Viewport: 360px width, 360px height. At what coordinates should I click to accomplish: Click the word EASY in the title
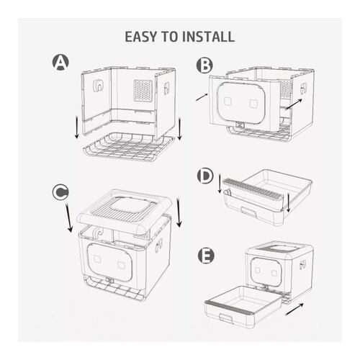coord(144,36)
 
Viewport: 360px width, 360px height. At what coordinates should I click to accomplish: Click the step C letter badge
coord(60,192)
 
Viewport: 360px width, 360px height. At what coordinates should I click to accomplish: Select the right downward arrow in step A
coord(179,130)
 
